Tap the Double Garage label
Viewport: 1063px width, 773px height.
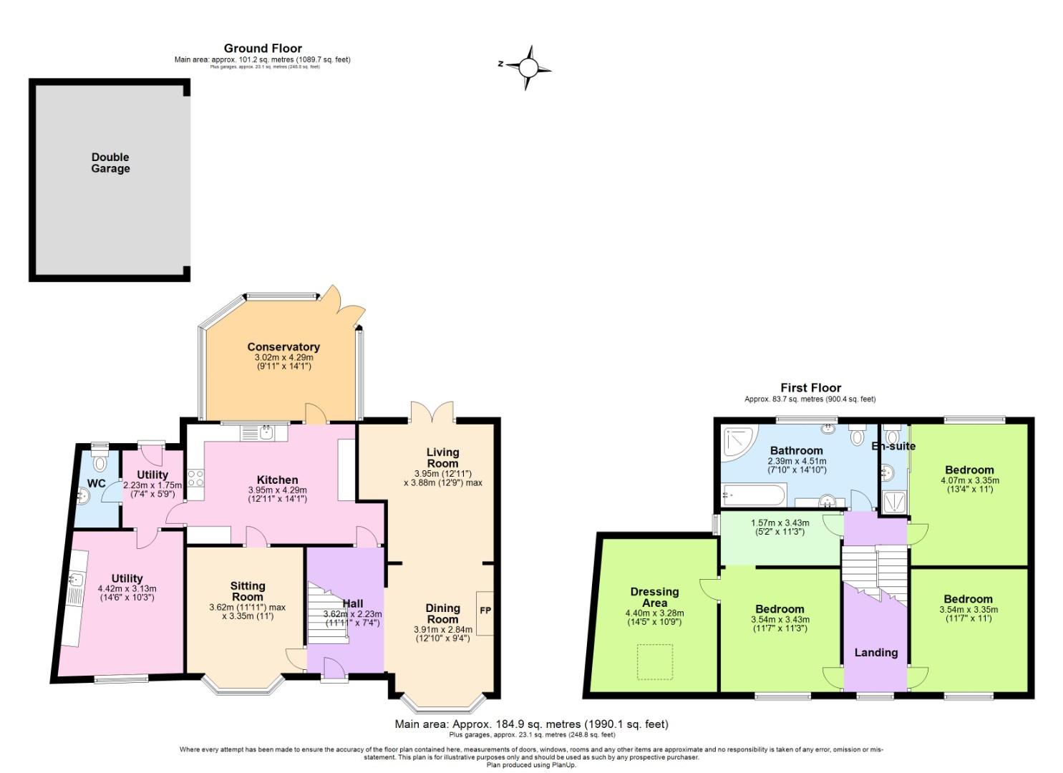(x=110, y=163)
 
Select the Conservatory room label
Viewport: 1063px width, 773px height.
(x=283, y=347)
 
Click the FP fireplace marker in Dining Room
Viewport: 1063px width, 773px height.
(x=485, y=611)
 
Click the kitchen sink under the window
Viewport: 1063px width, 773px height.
(x=265, y=432)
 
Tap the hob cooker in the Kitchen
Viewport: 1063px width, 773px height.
(x=195, y=477)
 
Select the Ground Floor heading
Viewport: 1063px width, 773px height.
(x=263, y=48)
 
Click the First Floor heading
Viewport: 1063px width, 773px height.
(x=810, y=387)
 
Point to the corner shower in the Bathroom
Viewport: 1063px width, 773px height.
(x=737, y=442)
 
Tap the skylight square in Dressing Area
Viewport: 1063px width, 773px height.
(x=655, y=662)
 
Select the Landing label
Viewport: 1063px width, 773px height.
(x=875, y=652)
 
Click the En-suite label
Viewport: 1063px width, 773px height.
(x=893, y=446)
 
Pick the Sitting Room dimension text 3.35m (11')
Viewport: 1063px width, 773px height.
(x=248, y=616)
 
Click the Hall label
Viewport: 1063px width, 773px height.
(x=353, y=603)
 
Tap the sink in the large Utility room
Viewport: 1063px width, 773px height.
(x=77, y=579)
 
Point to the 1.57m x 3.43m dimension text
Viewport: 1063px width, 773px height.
(x=777, y=527)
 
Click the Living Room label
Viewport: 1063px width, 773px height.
(x=442, y=457)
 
